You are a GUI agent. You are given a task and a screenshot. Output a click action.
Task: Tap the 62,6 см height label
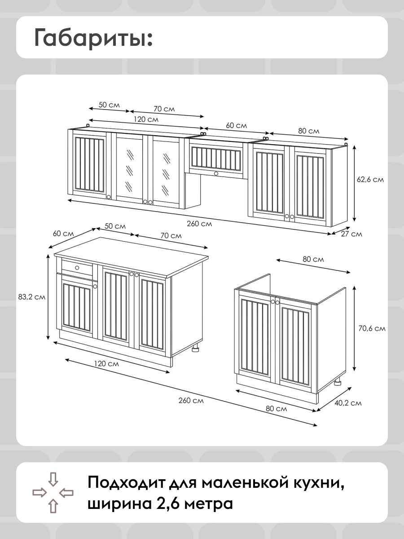tap(370, 180)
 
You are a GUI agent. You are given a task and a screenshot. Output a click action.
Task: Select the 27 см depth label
tap(351, 234)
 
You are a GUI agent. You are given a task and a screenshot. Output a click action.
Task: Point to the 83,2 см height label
tap(32, 297)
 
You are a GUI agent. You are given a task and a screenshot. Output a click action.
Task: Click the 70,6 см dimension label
tap(372, 328)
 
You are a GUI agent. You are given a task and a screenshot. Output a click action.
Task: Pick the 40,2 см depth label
tap(348, 403)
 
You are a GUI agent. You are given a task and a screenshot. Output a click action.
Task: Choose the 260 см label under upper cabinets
tap(199, 224)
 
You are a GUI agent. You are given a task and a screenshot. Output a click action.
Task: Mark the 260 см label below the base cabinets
tap(191, 401)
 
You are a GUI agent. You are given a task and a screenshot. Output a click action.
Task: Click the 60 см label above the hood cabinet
tap(236, 125)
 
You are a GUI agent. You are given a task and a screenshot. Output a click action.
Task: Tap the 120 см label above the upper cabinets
tap(146, 119)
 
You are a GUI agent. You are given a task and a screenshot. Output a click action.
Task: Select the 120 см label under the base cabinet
tap(106, 363)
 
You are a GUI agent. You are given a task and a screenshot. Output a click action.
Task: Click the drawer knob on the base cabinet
tap(77, 268)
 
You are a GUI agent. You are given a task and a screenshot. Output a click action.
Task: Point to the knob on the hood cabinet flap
tap(216, 174)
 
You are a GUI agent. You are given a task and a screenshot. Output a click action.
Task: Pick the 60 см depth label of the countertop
tap(63, 233)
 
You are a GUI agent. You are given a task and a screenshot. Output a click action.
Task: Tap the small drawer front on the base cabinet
tap(77, 268)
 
